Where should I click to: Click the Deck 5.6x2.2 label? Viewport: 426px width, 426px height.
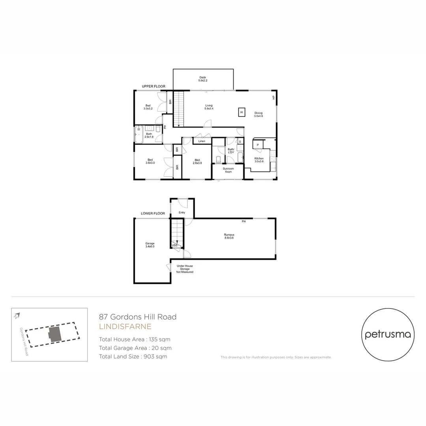202,79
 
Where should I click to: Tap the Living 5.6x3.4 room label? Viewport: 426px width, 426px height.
209,107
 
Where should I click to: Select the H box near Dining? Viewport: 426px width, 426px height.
241,112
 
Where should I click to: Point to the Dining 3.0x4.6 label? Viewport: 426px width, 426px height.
258,115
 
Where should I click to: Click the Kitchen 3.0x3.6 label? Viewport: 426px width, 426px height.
259,160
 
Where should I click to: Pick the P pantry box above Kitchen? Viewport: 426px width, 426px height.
257,145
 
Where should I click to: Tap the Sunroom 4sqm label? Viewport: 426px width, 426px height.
228,170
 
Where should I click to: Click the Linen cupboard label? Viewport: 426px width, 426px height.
202,141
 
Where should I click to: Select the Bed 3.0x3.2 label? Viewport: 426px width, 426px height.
148,107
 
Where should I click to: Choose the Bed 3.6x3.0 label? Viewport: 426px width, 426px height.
150,161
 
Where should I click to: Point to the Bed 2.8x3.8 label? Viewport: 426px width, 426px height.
197,161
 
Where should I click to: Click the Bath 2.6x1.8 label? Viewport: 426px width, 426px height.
149,135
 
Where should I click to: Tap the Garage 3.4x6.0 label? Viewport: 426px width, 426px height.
150,245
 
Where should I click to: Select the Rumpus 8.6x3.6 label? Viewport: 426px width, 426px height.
229,236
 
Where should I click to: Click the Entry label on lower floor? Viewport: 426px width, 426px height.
181,213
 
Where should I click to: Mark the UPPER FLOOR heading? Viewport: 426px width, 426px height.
154,86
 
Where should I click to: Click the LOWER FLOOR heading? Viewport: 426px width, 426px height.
153,213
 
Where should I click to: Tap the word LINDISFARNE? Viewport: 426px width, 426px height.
125,327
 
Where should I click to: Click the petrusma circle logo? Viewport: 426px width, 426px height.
388,334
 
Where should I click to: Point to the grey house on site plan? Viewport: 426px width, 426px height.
55,334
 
